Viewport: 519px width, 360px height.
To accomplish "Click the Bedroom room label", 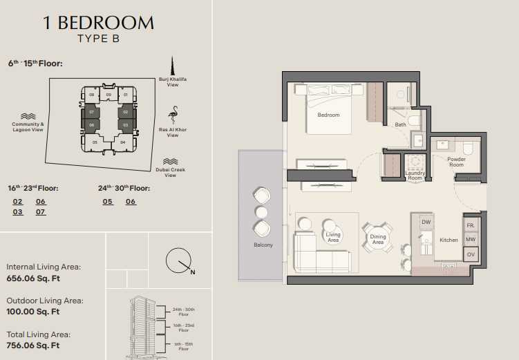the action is (328, 115).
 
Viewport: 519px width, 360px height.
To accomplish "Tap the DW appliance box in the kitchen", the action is (426, 222).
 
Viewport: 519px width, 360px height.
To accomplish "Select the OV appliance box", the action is (471, 254).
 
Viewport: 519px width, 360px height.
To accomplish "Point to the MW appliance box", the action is (471, 239).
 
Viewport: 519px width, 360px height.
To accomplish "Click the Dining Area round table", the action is (378, 238).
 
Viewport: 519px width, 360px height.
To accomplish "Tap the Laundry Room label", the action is (415, 176).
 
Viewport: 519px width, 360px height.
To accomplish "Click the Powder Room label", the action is (456, 162).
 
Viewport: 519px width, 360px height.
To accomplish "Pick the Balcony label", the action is (263, 245).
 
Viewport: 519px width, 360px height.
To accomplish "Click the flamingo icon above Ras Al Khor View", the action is (173, 115).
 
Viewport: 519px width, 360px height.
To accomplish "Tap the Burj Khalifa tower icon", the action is (172, 66).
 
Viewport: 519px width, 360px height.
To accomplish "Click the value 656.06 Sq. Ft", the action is (33, 278).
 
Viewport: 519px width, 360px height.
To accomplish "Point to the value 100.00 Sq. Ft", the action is (32, 312).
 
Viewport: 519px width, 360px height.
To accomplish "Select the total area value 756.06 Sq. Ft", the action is (32, 345).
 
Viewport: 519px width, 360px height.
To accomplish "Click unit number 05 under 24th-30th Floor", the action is (108, 202).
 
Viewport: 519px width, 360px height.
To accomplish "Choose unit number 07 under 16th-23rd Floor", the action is (40, 211).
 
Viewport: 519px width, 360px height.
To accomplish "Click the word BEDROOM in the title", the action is (106, 23).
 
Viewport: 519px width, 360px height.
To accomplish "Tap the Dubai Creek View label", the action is (171, 172).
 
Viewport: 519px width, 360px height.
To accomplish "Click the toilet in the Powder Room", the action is (468, 148).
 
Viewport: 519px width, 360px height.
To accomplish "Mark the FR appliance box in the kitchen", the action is (471, 225).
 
